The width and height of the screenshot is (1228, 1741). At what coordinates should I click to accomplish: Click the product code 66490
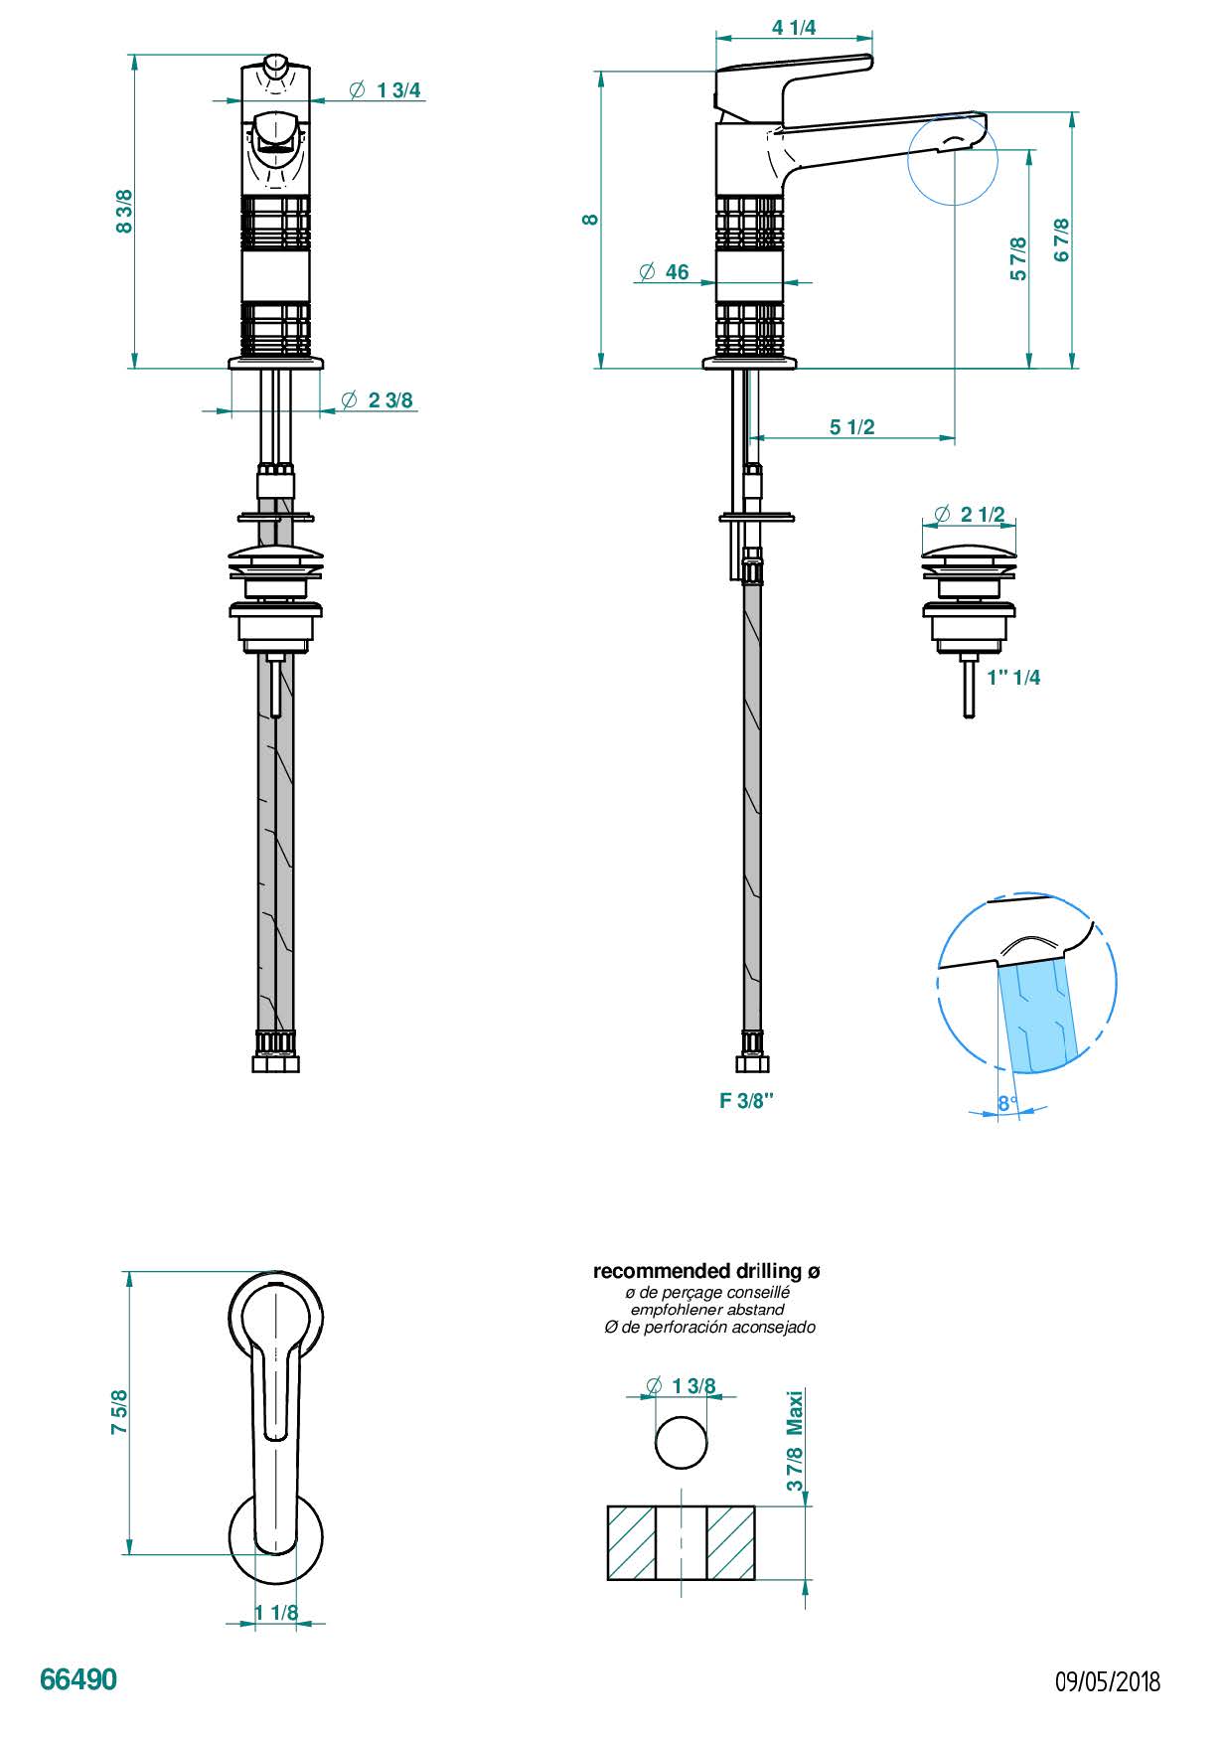pyautogui.click(x=78, y=1679)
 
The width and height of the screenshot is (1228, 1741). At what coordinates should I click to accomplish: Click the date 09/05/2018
pyautogui.click(x=1107, y=1681)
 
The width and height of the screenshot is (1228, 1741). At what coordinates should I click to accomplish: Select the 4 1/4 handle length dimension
pyautogui.click(x=794, y=28)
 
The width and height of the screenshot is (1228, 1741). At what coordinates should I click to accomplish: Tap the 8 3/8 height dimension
pyautogui.click(x=124, y=212)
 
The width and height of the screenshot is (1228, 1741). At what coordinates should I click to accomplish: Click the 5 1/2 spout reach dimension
pyautogui.click(x=852, y=427)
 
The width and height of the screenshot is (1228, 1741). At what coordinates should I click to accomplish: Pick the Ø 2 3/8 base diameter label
pyautogui.click(x=377, y=400)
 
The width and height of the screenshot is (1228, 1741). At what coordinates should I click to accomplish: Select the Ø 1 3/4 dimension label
pyautogui.click(x=385, y=90)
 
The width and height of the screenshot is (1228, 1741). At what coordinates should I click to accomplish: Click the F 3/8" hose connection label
pyautogui.click(x=746, y=1101)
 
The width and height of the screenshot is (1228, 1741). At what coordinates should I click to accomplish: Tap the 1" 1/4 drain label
pyautogui.click(x=1013, y=678)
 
